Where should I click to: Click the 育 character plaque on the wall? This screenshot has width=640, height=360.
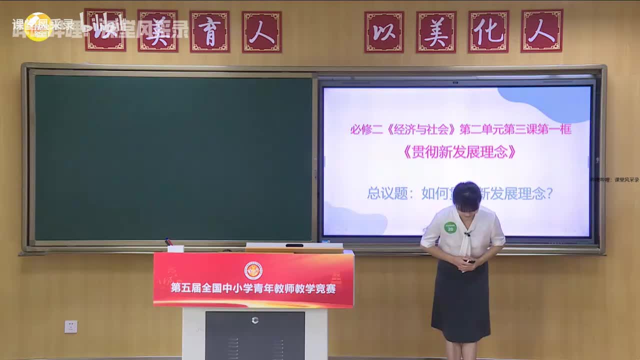(209, 31)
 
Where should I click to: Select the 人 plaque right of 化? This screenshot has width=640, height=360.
(541, 31)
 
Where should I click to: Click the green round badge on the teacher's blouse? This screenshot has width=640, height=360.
(450, 227)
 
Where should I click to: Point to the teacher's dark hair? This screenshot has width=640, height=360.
(466, 195)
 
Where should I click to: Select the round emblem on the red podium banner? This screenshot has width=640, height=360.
(253, 270)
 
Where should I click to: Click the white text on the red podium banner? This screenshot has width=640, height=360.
(253, 288)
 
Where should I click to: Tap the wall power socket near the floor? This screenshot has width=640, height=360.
(71, 326)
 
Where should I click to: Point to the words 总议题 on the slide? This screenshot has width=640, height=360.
(387, 193)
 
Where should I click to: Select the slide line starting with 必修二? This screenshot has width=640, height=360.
(460, 129)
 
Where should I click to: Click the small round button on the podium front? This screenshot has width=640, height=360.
(255, 320)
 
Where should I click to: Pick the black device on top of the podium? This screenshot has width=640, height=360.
(294, 245)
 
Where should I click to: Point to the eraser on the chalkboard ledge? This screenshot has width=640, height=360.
(175, 248)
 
